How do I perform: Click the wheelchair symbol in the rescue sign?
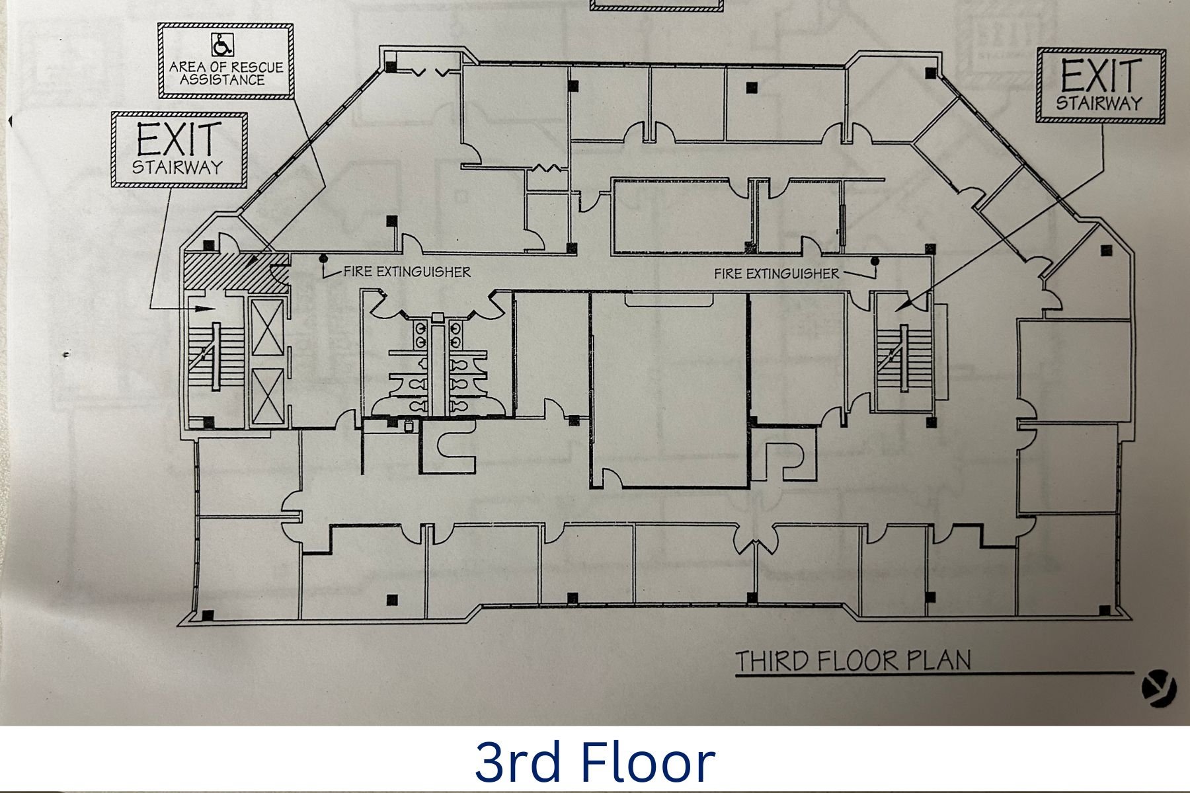coord(221,46)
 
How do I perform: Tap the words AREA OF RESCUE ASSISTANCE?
coord(225,73)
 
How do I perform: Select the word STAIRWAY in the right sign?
coord(1099,103)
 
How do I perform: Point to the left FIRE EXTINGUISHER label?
coord(407,272)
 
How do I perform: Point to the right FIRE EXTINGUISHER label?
coord(776,274)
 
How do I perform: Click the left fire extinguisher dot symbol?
coord(324,258)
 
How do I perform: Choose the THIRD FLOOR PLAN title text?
coord(853,661)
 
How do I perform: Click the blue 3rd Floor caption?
coord(594,761)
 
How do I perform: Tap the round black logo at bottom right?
coord(1159,690)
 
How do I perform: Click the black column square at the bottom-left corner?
coord(208,615)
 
